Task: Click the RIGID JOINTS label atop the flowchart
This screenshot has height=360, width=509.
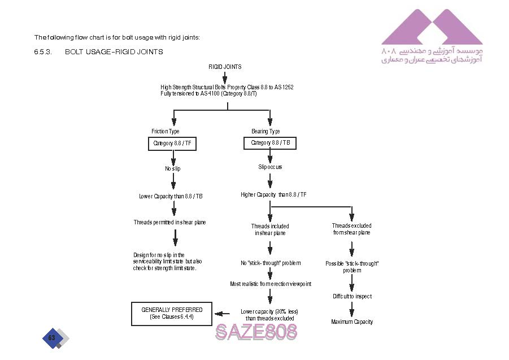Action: (x=225, y=67)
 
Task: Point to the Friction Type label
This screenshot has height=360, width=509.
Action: (x=166, y=132)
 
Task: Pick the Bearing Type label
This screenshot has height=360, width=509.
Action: (x=266, y=132)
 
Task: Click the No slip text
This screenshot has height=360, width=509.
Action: (x=173, y=168)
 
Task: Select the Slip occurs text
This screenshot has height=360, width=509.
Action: (x=270, y=167)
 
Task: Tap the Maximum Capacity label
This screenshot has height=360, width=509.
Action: (x=352, y=322)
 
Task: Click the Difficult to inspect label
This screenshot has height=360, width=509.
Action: (x=352, y=296)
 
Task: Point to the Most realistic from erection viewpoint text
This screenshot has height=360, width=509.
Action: (x=270, y=284)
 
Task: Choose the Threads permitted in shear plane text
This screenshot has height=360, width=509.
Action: (x=169, y=222)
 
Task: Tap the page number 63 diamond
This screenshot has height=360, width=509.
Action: (x=52, y=338)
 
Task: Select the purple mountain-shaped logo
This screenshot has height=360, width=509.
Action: (x=432, y=27)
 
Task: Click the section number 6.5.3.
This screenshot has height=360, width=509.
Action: (x=43, y=52)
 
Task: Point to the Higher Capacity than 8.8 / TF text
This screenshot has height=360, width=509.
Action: (x=273, y=195)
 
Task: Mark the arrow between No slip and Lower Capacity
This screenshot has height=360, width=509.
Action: (x=173, y=181)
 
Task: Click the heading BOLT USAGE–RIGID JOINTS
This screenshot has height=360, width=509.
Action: (x=114, y=52)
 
